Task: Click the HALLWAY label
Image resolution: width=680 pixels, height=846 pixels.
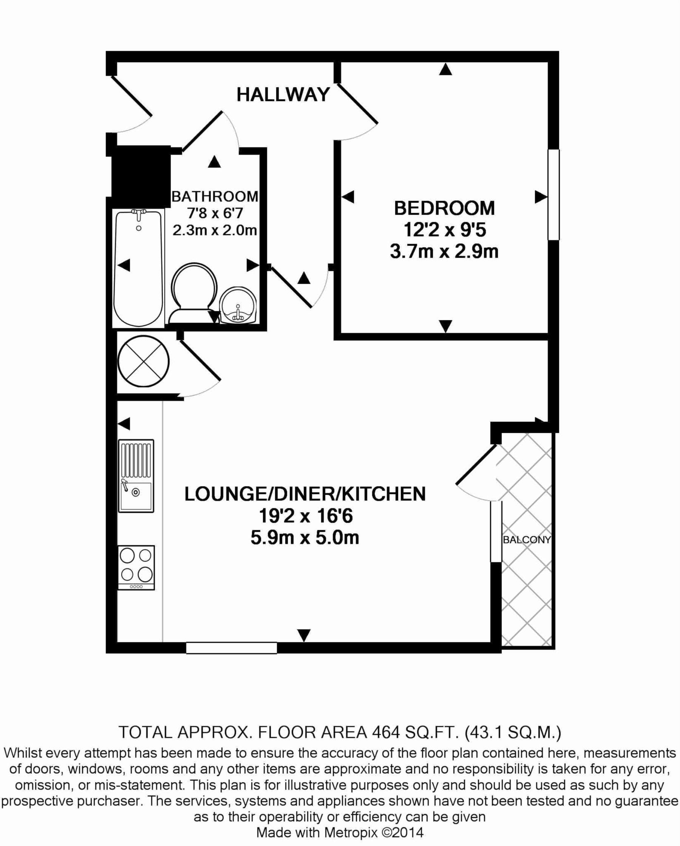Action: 283,95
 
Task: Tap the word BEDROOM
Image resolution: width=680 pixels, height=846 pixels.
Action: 444,208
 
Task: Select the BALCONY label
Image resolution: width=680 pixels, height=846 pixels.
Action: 527,539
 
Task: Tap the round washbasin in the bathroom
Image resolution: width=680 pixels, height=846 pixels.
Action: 239,305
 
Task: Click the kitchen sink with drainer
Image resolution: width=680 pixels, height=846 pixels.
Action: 136,476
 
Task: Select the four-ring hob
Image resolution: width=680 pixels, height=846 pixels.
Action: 136,568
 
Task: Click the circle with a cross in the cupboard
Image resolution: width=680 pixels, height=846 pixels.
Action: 143,361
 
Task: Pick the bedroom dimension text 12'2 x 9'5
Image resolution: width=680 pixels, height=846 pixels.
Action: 444,230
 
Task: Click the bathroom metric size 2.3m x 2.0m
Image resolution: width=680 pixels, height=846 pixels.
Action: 215,230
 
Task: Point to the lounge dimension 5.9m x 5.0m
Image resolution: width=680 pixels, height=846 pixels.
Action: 305,538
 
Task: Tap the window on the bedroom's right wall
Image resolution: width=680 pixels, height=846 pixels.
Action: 554,195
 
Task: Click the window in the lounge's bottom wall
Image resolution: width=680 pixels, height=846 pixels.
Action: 231,648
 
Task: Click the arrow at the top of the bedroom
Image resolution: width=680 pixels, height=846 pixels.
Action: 445,69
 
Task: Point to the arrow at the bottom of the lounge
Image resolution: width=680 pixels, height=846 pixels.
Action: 304,635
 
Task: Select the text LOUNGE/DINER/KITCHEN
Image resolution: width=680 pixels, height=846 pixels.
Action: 305,494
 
